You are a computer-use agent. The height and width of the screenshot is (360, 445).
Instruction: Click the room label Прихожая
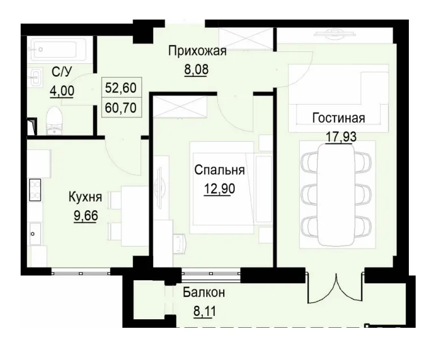[x=197, y=52]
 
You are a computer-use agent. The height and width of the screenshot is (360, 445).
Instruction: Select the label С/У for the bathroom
[x=62, y=72]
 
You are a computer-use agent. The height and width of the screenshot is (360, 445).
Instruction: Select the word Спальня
[x=219, y=170]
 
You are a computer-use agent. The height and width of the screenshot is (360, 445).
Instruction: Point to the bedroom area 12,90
[x=219, y=188]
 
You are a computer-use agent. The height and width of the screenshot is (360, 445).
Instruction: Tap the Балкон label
[x=204, y=293]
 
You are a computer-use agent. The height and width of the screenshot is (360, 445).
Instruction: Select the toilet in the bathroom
[x=54, y=120]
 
